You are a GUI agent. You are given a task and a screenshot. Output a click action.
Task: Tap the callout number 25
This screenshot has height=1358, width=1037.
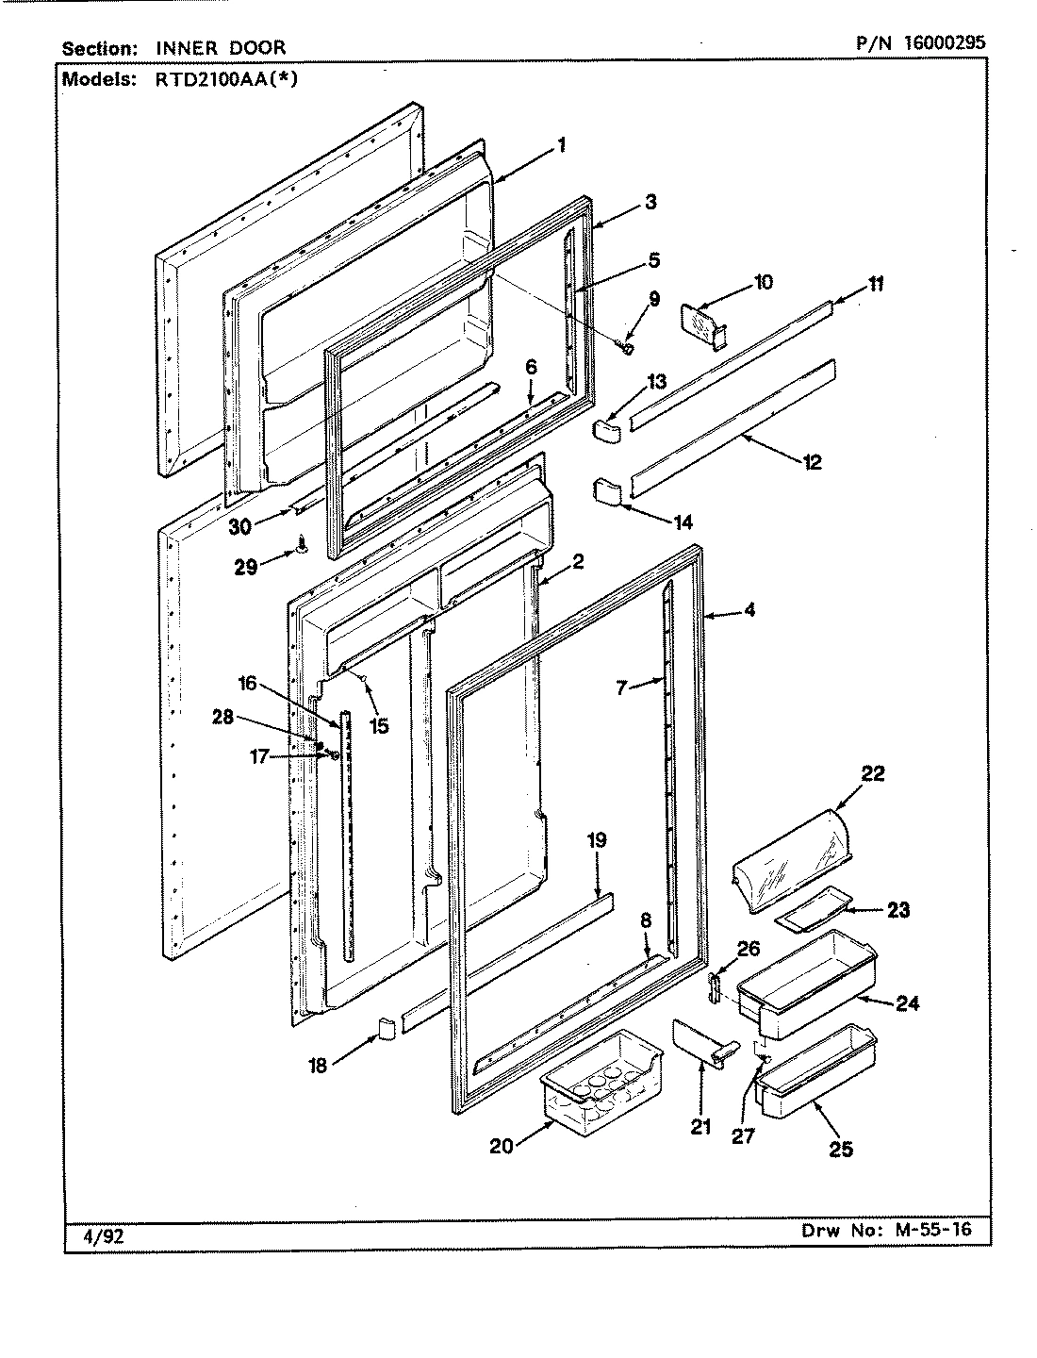coord(841,1150)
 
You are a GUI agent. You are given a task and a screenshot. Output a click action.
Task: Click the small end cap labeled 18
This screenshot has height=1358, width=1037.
coord(385,1028)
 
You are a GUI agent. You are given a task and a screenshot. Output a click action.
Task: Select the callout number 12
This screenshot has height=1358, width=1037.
coord(812,463)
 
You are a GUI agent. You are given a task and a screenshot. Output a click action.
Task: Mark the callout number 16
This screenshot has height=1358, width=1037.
coord(247,684)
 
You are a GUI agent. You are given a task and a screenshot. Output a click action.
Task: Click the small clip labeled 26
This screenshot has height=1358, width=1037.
coord(715,989)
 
